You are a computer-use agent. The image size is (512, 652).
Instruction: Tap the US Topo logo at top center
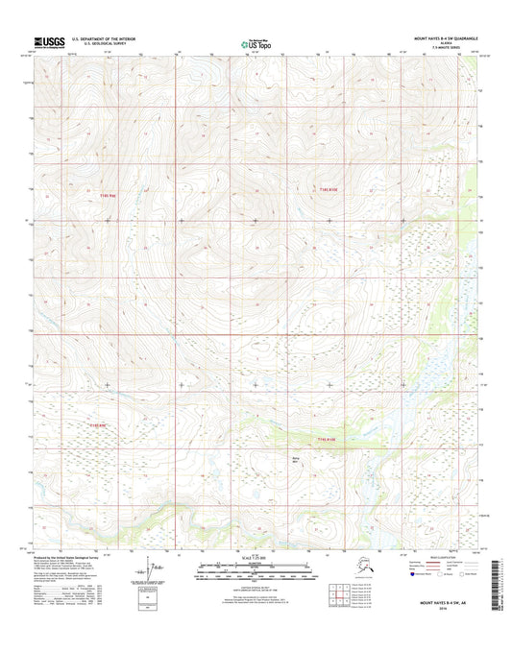click(x=254, y=42)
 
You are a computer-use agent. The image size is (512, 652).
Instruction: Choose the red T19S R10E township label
click(x=329, y=440)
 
